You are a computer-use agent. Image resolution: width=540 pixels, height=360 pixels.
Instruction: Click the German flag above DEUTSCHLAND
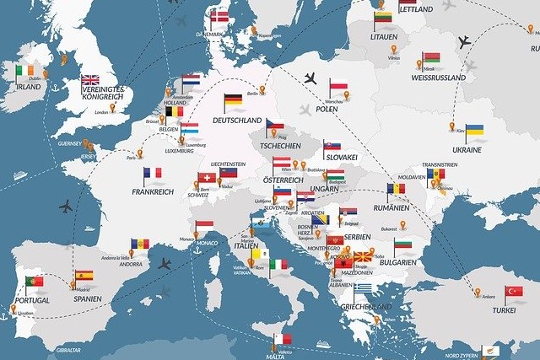(x=234, y=103)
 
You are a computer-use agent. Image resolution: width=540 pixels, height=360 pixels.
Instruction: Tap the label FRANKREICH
(x=152, y=191)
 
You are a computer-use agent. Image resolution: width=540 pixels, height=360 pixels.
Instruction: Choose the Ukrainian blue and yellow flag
(x=474, y=132)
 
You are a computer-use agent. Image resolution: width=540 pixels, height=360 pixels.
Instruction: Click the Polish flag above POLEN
(x=338, y=84)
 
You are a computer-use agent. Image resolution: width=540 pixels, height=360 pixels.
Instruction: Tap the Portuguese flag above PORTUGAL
(x=35, y=280)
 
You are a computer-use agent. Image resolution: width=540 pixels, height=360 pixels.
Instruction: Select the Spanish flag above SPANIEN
(x=84, y=277)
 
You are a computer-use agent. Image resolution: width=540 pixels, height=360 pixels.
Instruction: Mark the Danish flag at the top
(x=222, y=16)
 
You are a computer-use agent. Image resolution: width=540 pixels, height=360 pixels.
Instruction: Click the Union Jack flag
(x=90, y=82)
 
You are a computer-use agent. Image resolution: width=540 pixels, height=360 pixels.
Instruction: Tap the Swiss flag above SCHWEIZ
(x=206, y=178)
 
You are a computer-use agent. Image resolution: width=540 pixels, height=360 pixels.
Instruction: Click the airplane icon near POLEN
(x=309, y=78)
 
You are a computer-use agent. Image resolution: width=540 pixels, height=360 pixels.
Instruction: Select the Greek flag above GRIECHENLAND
(x=364, y=289)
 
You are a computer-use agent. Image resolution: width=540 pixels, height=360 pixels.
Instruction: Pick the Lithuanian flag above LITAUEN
(x=383, y=18)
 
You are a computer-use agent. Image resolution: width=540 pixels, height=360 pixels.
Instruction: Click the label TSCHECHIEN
(x=279, y=145)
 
